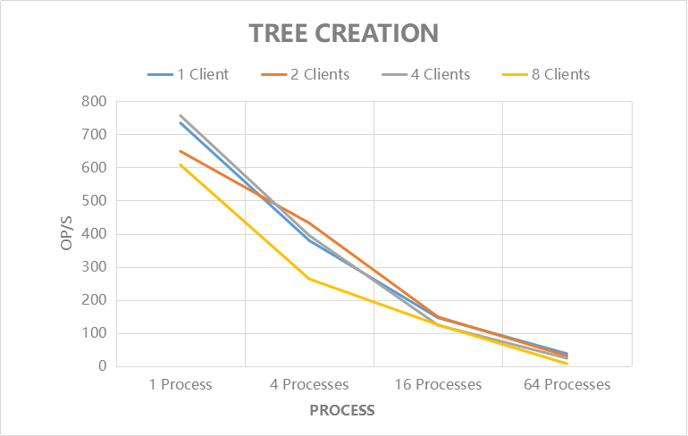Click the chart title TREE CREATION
coord(343,33)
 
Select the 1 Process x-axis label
coord(180,385)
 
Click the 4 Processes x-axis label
coord(308,385)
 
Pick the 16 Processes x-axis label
coord(438,385)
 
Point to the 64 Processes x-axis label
coord(566,385)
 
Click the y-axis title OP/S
coord(68,234)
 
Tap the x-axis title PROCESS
coord(342,411)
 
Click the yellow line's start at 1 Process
coord(180,164)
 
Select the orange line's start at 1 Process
coord(180,151)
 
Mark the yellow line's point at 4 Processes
coord(309,279)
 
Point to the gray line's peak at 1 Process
coord(180,115)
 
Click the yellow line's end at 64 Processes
coord(566,364)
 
